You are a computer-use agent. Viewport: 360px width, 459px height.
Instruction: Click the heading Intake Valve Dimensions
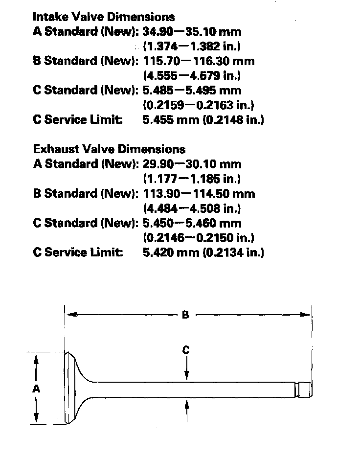tap(103, 17)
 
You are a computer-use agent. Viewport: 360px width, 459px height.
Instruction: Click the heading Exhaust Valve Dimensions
tap(109, 149)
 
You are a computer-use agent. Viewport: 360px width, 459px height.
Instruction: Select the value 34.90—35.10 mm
tap(192, 32)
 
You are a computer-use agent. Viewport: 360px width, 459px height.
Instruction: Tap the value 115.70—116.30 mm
tap(199, 61)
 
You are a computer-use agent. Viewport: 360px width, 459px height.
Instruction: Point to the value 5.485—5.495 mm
tap(192, 91)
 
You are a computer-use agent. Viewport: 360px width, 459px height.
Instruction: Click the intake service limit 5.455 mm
tap(170, 120)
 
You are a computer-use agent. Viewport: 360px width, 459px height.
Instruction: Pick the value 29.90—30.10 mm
tap(192, 164)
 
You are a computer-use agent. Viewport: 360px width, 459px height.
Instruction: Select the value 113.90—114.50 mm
tap(199, 193)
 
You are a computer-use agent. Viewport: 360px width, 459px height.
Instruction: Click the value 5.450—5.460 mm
tap(192, 223)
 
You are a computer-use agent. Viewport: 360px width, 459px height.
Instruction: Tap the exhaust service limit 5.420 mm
tap(170, 252)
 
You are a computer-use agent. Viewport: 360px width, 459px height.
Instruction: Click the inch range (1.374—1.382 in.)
tap(192, 46)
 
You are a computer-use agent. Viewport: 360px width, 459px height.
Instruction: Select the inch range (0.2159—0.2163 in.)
tap(198, 105)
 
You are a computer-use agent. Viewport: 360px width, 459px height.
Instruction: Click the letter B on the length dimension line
tap(185, 315)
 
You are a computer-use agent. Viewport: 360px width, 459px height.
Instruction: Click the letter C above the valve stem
tap(186, 350)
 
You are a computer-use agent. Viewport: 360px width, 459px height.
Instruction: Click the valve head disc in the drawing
tap(71, 389)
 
